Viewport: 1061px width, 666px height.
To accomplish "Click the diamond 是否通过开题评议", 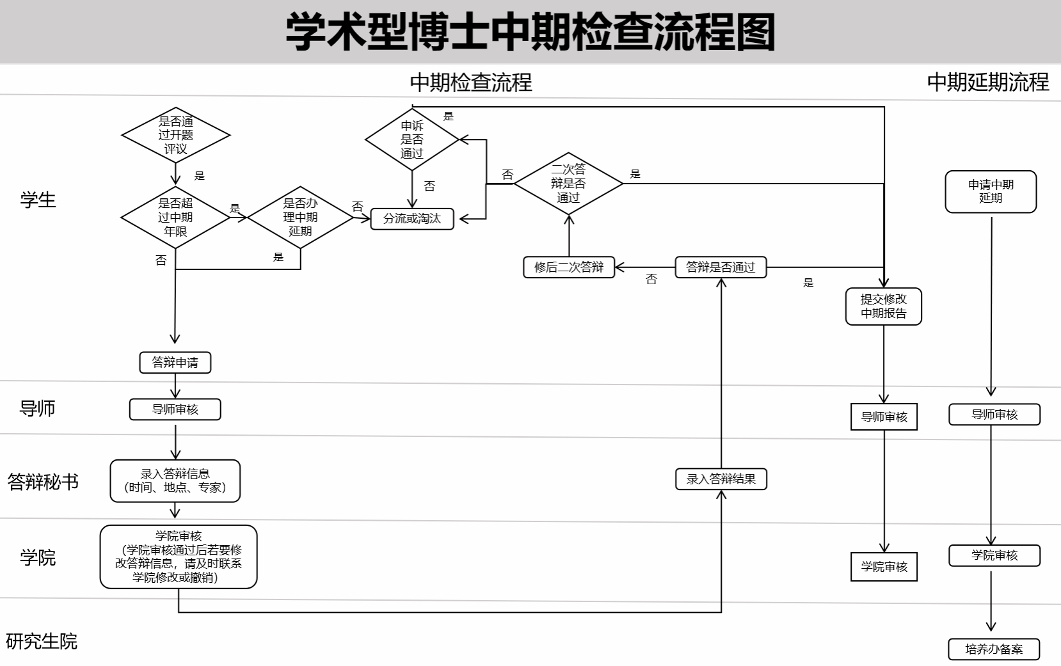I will coord(175,135).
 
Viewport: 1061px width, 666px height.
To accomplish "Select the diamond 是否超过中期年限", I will coord(175,218).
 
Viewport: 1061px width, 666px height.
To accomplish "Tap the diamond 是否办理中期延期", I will coord(300,218).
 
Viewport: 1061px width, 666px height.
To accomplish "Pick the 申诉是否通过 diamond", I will coord(412,139).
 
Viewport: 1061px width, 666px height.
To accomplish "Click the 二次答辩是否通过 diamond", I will coord(568,184).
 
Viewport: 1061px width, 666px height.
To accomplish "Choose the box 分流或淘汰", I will coord(412,219).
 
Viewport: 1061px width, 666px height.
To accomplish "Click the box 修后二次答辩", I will coord(569,267).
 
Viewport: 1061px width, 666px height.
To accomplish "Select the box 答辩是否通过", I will coord(721,267).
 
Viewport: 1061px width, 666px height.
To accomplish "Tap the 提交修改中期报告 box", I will coord(883,306).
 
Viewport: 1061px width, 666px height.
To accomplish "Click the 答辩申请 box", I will coord(175,363).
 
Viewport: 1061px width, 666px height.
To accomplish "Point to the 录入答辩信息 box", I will coord(175,481).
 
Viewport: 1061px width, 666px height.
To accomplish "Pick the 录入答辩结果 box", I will coord(721,479).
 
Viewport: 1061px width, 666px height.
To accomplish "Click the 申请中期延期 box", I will coord(991,191).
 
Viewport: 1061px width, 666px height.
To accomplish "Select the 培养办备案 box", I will coord(994,649).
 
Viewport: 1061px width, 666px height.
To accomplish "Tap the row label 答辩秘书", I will coord(43,482).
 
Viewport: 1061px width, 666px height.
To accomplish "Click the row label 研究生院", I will coord(42,641).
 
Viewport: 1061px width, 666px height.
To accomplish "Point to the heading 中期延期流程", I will coord(988,82).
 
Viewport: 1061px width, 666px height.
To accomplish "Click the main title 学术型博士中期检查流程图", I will coord(530,32).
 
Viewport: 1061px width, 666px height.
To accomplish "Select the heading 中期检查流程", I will coord(471,83).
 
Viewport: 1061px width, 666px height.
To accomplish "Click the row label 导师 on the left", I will coord(38,408).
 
